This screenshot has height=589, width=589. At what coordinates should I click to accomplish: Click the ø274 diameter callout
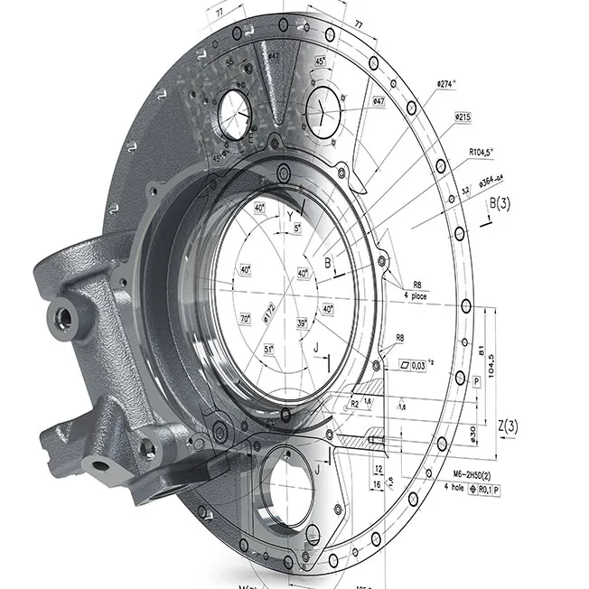coord(446,84)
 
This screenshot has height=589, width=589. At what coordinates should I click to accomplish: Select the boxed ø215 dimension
coord(463,117)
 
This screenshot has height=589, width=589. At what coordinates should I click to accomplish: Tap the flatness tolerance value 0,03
coord(418,366)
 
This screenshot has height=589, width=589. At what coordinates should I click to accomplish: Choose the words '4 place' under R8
coord(416,296)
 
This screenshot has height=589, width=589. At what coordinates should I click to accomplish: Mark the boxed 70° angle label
coord(245,319)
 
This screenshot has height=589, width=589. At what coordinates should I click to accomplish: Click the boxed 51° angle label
coord(269,349)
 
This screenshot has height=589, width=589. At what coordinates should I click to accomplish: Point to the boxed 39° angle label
coord(303,323)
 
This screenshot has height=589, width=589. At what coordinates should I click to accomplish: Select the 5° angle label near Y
coord(299,228)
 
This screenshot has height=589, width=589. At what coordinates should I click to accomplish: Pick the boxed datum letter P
coord(476,382)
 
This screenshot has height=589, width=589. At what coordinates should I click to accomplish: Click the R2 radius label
coord(355,403)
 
